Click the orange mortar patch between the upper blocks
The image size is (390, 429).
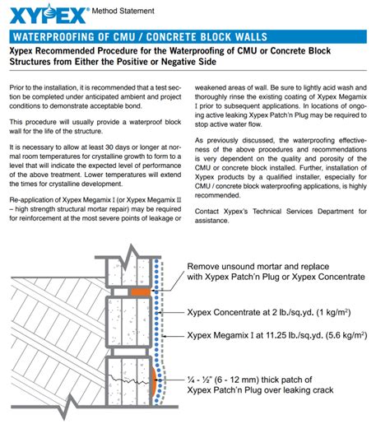pyautogui.click(x=140, y=291)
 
